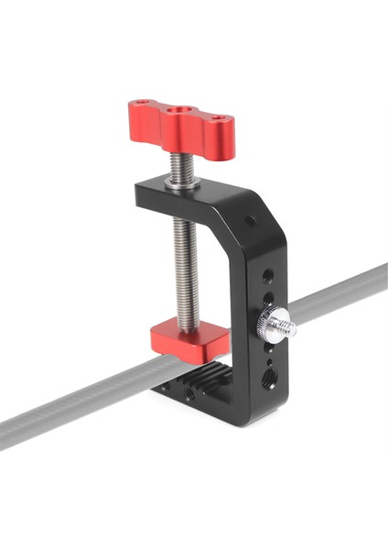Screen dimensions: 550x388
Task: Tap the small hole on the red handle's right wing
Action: click(x=217, y=118)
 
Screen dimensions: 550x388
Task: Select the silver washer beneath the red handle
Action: click(x=184, y=184)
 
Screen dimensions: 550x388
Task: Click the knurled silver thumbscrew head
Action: click(x=269, y=321)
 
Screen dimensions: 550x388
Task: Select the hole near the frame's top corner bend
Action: click(x=249, y=220)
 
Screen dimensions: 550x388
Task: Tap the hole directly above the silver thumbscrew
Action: click(x=266, y=299)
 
